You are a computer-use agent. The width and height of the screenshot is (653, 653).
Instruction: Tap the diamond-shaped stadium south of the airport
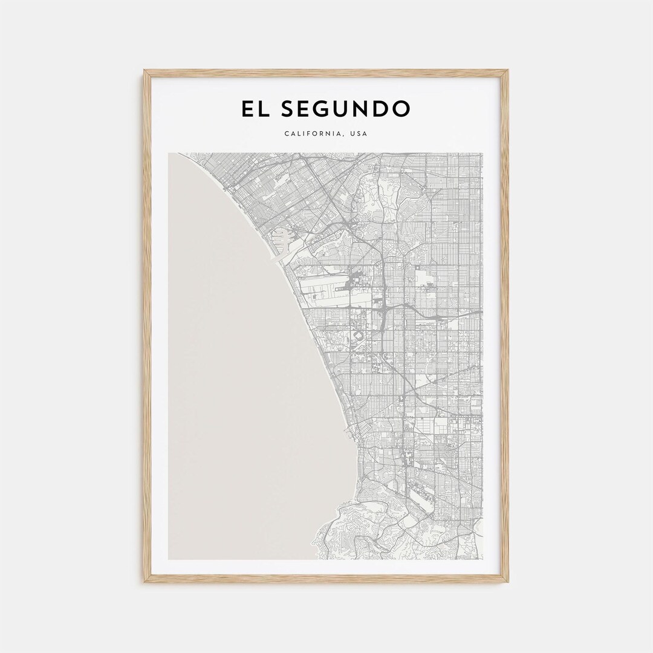pos(357,335)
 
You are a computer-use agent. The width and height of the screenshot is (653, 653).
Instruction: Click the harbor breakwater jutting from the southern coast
pos(349,430)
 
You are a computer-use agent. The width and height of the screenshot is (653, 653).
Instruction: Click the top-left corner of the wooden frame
pos(145,71)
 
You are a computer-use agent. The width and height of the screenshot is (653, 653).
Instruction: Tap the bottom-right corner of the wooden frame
pos(507,582)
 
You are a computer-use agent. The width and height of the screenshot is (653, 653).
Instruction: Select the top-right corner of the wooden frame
pos(507,71)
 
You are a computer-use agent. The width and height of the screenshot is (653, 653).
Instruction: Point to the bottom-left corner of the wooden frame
pos(145,582)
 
